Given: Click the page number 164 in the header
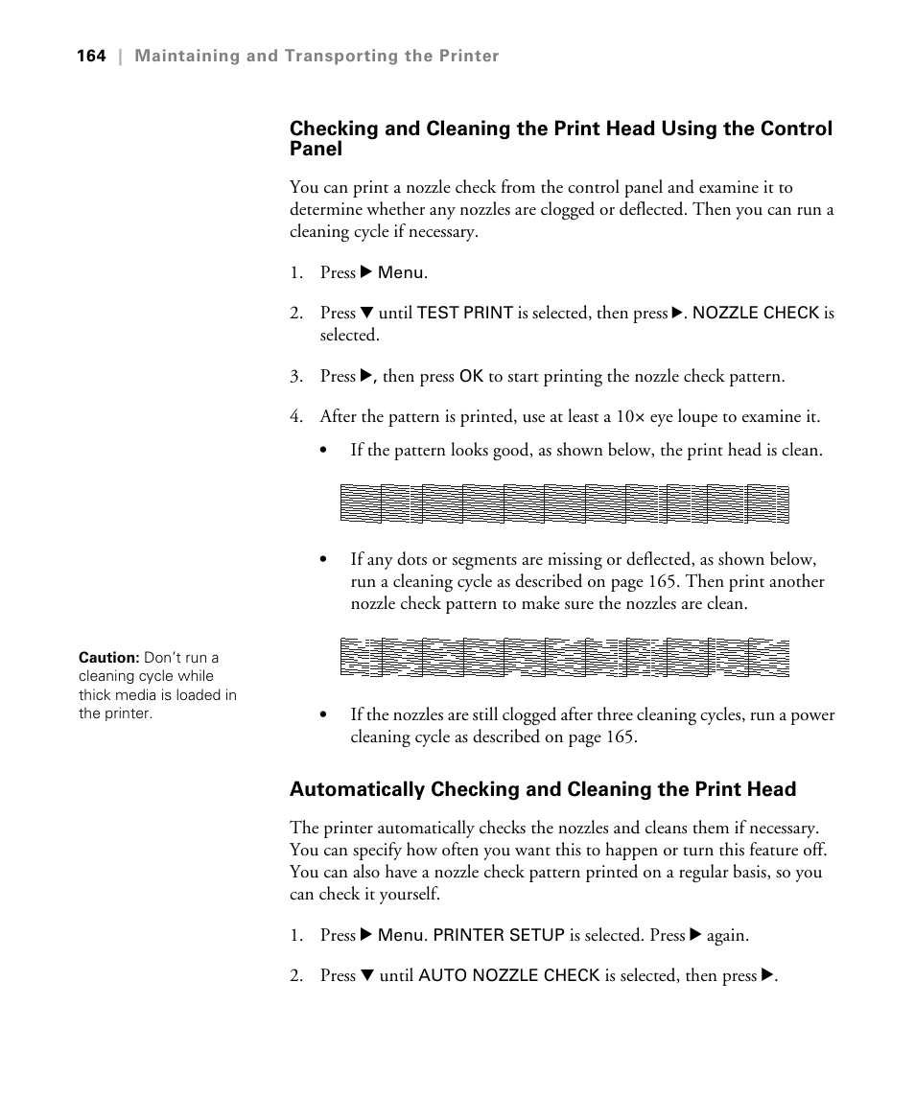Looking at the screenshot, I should click(91, 57).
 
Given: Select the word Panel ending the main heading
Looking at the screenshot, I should click(316, 150).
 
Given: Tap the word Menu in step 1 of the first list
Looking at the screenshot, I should click(400, 273).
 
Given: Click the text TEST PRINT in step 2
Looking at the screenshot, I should click(465, 314).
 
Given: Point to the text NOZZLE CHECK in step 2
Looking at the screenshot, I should click(756, 314).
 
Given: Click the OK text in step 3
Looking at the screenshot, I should click(471, 377).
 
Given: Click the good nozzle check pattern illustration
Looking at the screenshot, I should click(564, 504).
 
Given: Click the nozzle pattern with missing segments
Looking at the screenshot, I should click(564, 658).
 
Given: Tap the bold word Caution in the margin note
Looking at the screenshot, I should click(108, 658).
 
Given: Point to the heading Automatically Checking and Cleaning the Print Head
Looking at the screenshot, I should click(543, 789).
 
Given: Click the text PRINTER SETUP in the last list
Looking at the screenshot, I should click(499, 935).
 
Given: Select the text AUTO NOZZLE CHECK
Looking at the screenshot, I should click(508, 976).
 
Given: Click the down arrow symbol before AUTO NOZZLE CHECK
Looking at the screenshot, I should click(366, 976).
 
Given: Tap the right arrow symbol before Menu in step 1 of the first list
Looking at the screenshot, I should click(365, 273).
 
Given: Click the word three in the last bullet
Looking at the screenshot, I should click(610, 715).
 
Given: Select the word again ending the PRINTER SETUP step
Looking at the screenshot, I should click(727, 935).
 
